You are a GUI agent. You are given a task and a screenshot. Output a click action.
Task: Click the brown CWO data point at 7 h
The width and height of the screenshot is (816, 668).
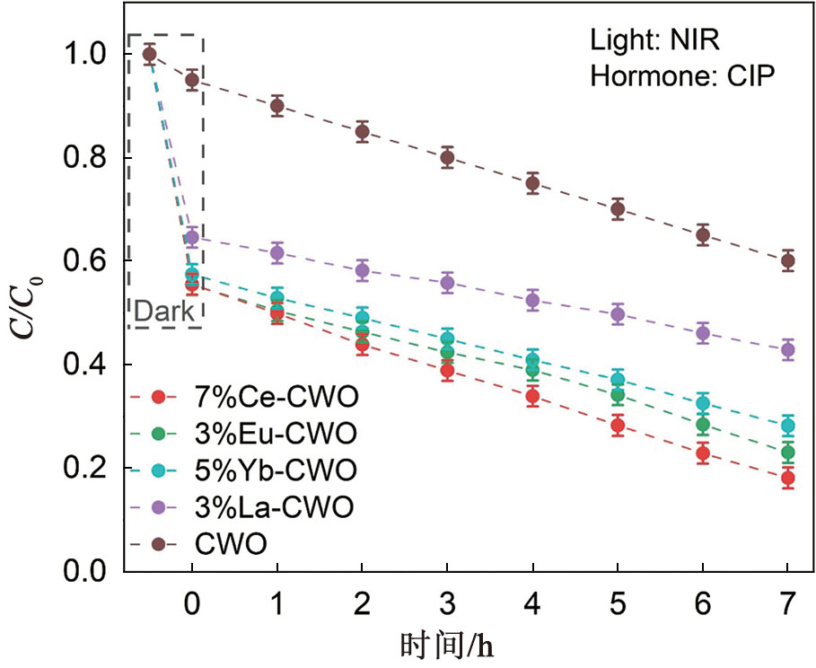tap(787, 261)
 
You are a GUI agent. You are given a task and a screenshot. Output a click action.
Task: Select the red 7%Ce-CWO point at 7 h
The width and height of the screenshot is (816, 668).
tap(787, 478)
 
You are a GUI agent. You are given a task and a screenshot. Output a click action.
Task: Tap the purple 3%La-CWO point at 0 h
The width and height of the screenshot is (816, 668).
tap(191, 238)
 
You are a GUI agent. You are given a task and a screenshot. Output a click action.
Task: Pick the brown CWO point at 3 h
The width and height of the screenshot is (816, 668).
tap(447, 158)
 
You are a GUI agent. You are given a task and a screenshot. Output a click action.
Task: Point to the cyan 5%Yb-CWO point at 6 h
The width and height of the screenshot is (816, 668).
tap(702, 402)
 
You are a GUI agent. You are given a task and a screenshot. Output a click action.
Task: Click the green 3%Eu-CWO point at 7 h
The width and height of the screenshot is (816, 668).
tap(787, 453)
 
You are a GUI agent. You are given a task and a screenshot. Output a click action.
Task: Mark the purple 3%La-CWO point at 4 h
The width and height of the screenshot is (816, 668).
tap(532, 301)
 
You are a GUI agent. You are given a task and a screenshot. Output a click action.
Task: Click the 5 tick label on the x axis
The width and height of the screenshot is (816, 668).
tap(618, 607)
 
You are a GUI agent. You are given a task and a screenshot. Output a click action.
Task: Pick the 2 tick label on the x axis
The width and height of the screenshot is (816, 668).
tap(362, 607)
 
